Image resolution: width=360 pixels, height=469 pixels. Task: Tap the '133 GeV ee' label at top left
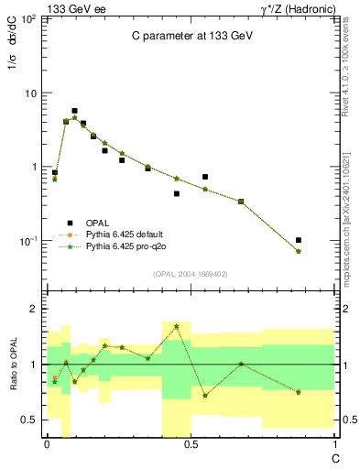[x=72, y=7]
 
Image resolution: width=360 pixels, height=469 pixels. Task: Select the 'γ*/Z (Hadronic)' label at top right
[x=295, y=7]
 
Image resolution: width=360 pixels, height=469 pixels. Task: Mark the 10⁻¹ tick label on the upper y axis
[x=29, y=241]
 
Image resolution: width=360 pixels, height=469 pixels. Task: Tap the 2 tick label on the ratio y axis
[x=34, y=310]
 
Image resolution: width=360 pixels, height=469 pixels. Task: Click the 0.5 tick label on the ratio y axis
[x=30, y=420]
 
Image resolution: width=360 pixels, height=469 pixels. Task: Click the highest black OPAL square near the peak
[x=74, y=111]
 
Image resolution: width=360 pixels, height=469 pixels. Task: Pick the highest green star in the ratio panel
[x=176, y=326]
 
